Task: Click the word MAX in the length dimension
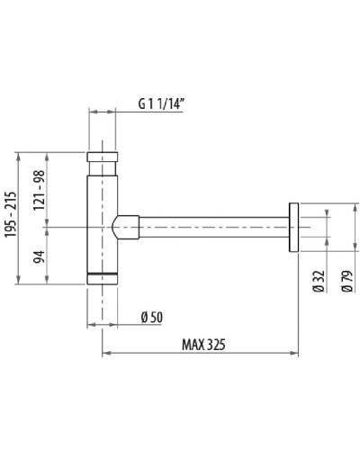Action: tap(196, 342)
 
